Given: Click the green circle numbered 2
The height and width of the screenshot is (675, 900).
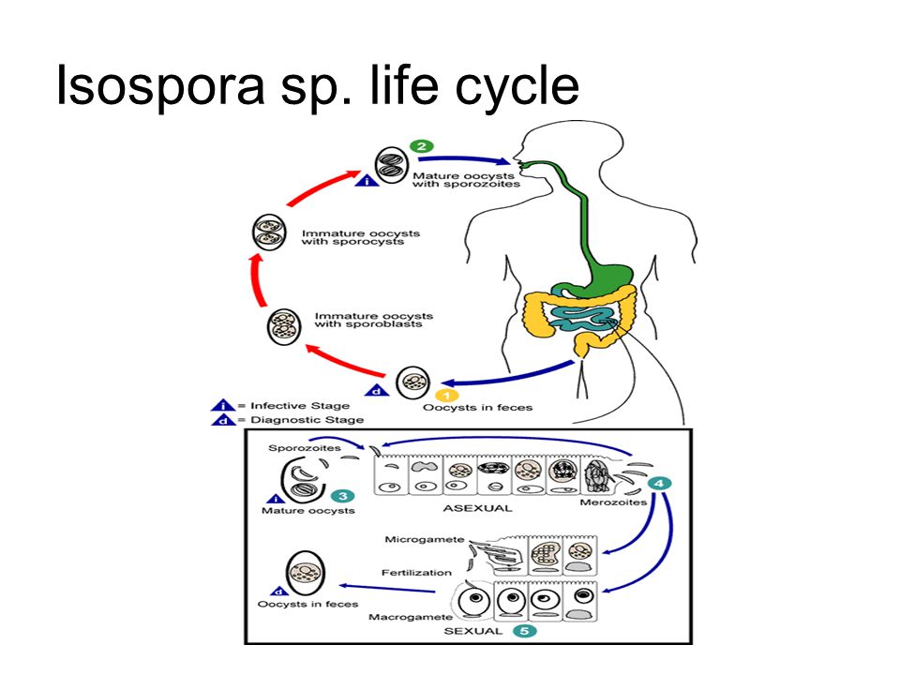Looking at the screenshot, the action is tap(421, 146).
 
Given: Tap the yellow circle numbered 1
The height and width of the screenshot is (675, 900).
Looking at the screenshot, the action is tap(446, 396).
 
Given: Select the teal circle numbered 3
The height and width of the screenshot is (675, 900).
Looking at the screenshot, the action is tap(342, 496).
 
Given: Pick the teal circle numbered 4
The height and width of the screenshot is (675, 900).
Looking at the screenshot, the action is tap(659, 484).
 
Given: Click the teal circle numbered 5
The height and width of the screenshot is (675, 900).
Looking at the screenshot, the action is tap(524, 631).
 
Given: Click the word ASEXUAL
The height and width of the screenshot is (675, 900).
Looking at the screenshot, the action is tap(477, 508).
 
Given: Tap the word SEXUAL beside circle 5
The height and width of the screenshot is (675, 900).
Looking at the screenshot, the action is tap(472, 631).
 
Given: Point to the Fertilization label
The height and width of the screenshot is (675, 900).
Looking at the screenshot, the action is tap(416, 573).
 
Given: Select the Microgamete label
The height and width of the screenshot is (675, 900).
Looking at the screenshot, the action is tap(424, 540).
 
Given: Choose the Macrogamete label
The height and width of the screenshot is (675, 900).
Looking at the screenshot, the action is tap(411, 617).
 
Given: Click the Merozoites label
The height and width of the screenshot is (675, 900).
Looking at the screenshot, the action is tap(613, 502).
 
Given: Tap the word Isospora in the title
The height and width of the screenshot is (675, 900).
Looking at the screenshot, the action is tap(160, 86).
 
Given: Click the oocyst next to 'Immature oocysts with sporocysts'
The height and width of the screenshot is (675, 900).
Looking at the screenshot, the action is tap(269, 232).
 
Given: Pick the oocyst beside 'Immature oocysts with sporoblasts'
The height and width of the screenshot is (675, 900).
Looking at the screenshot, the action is tap(284, 326).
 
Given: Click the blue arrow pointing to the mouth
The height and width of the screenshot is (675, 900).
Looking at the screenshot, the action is tap(464, 159).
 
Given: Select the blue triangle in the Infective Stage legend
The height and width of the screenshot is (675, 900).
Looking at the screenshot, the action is tap(221, 406).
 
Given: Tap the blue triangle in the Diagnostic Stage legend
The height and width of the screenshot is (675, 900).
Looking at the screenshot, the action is tap(221, 420).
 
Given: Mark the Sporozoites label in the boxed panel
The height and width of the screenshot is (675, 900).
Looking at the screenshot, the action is tap(304, 448).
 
